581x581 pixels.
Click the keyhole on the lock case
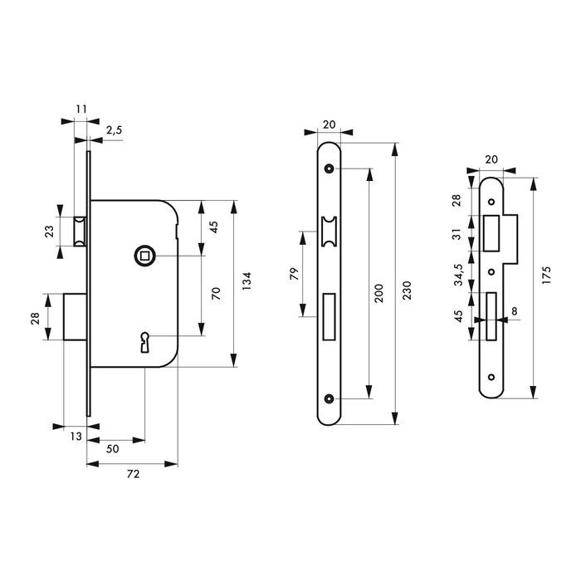pyautogui.click(x=144, y=342)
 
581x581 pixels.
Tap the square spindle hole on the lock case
pyautogui.click(x=144, y=256)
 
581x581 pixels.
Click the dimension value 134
pyautogui.click(x=247, y=281)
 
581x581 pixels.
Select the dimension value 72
pyautogui.click(x=133, y=474)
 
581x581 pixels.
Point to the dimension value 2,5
pyautogui.click(x=115, y=130)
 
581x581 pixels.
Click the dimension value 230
pyautogui.click(x=407, y=290)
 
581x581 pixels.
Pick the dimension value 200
pyautogui.click(x=378, y=294)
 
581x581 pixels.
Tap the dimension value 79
pyautogui.click(x=294, y=274)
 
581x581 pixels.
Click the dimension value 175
pyautogui.click(x=546, y=275)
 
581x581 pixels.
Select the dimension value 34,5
pyautogui.click(x=458, y=275)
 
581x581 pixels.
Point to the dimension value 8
pyautogui.click(x=515, y=311)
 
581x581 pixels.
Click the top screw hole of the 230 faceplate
pyautogui.click(x=328, y=169)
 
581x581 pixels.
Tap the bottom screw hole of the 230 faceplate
pyautogui.click(x=328, y=398)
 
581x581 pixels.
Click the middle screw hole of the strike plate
pyautogui.click(x=491, y=272)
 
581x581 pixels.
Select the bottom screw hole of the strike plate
pyautogui.click(x=491, y=377)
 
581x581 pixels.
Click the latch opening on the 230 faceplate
pyautogui.click(x=329, y=232)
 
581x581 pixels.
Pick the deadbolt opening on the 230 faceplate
pyautogui.click(x=329, y=317)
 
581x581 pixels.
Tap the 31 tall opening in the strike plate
pyautogui.click(x=491, y=233)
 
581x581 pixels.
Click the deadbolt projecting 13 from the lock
pyautogui.click(x=76, y=317)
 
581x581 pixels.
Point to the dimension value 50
pyautogui.click(x=112, y=449)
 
